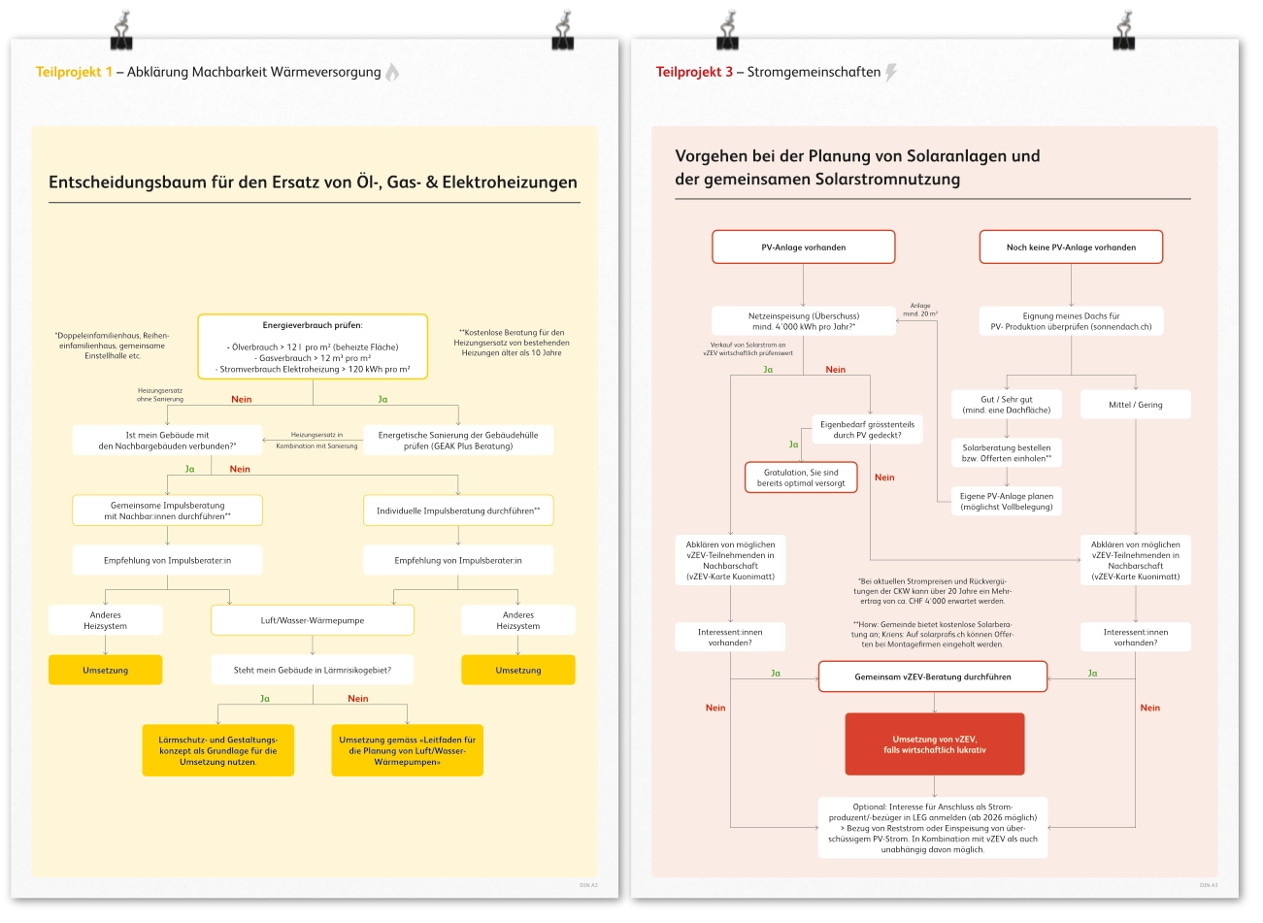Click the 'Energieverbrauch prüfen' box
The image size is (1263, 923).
click(313, 346)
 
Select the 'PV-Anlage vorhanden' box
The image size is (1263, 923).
click(803, 247)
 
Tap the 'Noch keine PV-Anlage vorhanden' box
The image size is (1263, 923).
click(1071, 247)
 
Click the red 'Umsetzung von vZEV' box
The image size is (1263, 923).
click(935, 744)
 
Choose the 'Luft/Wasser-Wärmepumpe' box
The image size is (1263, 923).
click(313, 620)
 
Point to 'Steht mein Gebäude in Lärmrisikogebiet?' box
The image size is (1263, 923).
click(313, 670)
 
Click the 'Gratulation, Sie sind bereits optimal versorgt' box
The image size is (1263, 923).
click(801, 478)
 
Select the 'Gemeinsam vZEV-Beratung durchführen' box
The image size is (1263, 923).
click(933, 676)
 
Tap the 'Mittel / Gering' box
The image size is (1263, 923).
click(1136, 405)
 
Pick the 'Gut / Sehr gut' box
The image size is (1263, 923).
click(1007, 405)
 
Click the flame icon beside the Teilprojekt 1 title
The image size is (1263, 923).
click(392, 72)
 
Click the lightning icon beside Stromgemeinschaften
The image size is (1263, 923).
click(891, 72)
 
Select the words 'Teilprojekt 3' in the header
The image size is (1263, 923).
click(694, 72)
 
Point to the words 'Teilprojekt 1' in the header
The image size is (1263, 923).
click(74, 72)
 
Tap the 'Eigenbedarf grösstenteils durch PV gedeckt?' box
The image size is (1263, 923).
click(867, 430)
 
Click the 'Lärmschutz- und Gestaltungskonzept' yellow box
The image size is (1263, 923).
click(217, 751)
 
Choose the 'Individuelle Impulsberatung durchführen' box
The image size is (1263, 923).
click(458, 511)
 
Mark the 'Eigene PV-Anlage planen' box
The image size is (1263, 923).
click(1007, 501)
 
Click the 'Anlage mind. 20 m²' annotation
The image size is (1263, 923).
click(920, 310)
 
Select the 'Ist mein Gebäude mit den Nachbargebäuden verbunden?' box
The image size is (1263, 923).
click(167, 441)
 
